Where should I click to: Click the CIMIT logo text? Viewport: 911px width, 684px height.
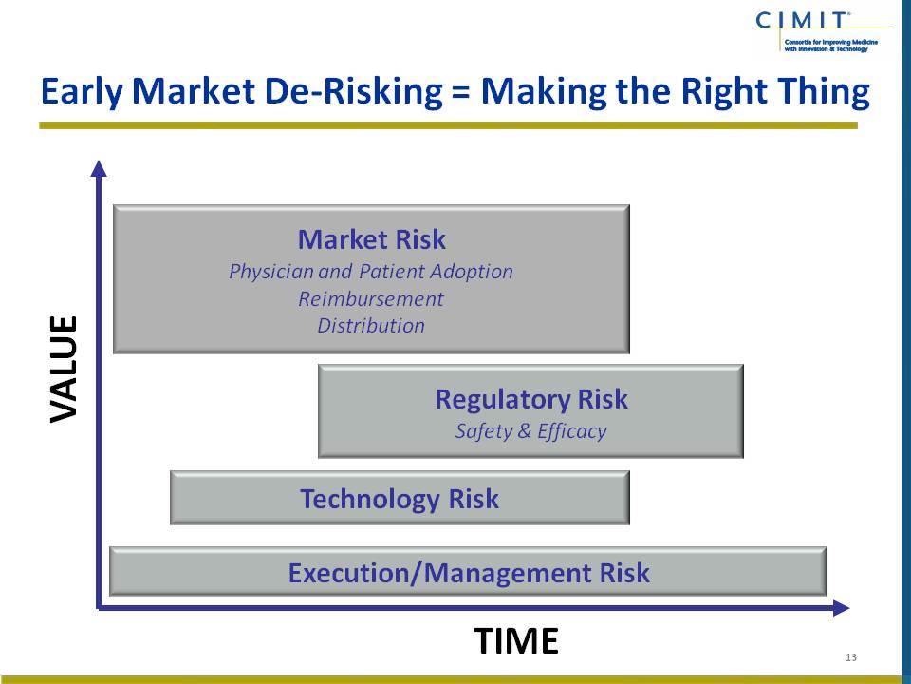801,20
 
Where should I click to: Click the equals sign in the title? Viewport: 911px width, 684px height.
461,93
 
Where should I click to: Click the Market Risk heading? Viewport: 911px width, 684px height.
372,239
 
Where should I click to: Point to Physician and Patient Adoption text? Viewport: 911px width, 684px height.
371,272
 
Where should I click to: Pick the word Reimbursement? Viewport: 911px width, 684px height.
371,299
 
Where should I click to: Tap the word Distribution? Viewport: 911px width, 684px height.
371,326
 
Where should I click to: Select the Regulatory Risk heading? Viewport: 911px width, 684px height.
531,400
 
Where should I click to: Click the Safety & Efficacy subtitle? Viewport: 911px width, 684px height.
531,431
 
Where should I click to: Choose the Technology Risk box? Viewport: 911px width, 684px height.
400,498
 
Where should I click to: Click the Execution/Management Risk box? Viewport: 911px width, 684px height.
468,572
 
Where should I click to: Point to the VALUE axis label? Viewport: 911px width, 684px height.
64,369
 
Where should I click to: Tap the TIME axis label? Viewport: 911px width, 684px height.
516,641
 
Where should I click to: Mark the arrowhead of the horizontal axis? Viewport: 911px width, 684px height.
842,608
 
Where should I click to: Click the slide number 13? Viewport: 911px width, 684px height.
851,657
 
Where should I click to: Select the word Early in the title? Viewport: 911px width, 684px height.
82,92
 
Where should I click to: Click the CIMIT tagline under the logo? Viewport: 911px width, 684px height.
831,46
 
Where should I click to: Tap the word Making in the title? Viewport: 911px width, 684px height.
544,92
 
